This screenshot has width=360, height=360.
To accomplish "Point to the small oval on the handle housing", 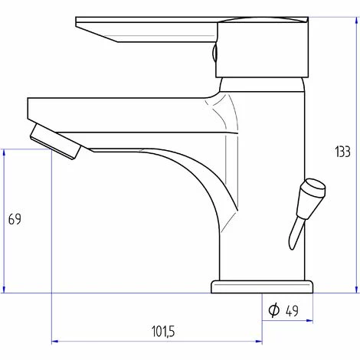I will pos(215,54).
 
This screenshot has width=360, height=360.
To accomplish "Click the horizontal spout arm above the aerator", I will pos(115,107).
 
